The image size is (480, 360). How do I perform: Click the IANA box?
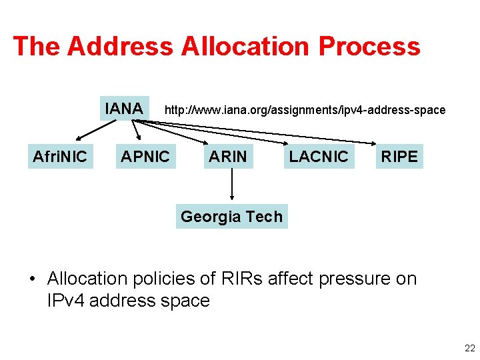(124, 108)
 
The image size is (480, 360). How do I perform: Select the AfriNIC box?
(60, 157)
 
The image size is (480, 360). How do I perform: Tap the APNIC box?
(145, 157)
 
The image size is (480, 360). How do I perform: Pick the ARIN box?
(228, 157)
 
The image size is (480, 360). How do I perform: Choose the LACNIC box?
(319, 157)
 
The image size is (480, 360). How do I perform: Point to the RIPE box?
(399, 157)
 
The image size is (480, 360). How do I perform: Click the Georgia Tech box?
(231, 216)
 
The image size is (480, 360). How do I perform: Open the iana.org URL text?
(305, 110)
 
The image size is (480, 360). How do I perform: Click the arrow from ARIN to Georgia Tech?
(231, 185)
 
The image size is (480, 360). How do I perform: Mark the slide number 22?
(469, 348)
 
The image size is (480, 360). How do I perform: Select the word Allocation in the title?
(237, 46)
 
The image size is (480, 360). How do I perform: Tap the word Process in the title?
(369, 46)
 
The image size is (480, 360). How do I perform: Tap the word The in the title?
(37, 46)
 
